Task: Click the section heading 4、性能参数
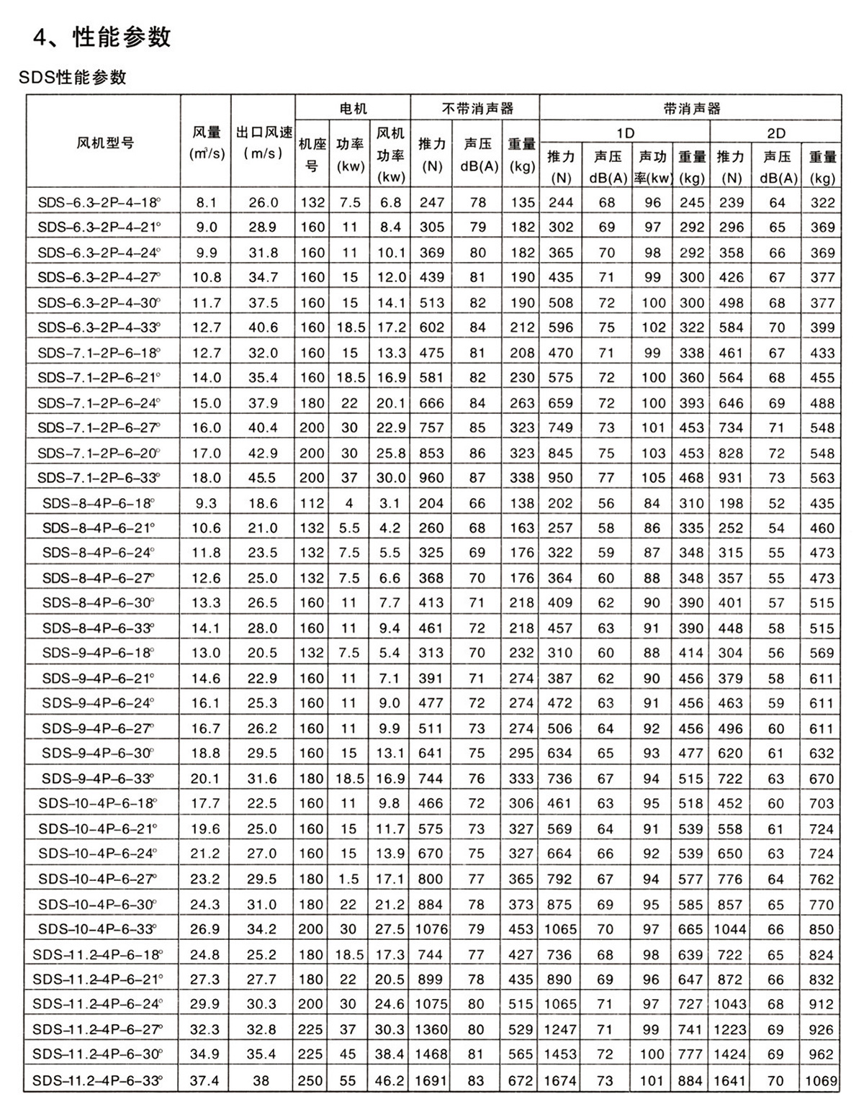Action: click(102, 37)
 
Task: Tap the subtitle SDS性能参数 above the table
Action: click(73, 76)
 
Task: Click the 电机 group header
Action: click(353, 108)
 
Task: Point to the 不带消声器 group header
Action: click(475, 108)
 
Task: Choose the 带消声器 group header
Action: click(690, 108)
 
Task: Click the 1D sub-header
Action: click(625, 132)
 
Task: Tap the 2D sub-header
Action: click(775, 132)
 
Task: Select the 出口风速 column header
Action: click(264, 143)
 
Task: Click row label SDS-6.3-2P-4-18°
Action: click(99, 203)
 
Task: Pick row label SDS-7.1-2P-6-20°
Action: click(99, 453)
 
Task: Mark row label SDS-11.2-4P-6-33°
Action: click(98, 1080)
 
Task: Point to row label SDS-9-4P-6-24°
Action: click(99, 703)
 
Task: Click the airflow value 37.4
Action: click(205, 1080)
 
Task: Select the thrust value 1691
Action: click(431, 1080)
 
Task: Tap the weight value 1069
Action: click(822, 1080)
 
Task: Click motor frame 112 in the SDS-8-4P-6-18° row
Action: click(312, 503)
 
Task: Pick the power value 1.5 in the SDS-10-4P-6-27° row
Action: click(349, 879)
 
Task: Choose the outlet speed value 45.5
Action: click(263, 478)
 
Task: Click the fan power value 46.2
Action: click(390, 1080)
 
